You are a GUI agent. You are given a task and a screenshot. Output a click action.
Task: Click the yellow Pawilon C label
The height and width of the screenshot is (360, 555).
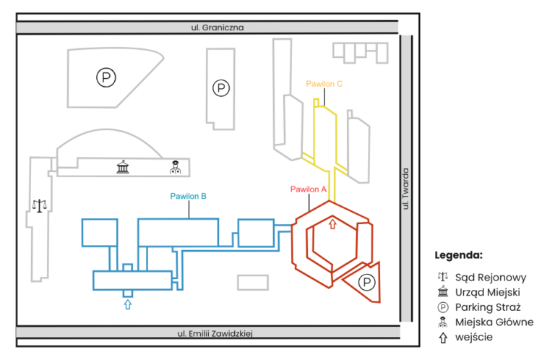[x=324, y=85]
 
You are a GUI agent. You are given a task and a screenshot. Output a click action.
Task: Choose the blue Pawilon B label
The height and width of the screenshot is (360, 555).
[x=189, y=196]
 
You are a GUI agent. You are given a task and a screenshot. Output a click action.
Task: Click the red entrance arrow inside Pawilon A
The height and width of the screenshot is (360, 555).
[x=332, y=224]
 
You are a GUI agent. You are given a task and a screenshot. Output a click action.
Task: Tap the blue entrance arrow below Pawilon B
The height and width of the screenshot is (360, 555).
[x=127, y=304]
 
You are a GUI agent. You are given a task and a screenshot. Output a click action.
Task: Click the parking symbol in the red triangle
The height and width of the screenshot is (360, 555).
[x=367, y=282]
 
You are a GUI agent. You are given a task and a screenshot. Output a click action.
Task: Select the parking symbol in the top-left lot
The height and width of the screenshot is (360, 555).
[x=106, y=77]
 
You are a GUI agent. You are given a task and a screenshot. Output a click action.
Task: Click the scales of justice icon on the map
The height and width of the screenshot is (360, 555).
[x=38, y=205]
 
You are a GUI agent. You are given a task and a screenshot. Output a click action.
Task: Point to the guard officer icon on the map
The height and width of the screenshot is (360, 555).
[x=174, y=168]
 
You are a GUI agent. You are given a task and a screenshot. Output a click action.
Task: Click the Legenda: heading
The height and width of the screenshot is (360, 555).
[x=458, y=255]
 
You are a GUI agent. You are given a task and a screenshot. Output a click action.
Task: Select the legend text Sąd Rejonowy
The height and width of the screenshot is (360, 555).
[x=491, y=277]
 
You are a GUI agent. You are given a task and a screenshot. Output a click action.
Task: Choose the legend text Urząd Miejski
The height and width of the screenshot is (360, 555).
[x=488, y=292]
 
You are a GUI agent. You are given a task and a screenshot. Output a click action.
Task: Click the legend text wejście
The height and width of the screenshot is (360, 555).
[x=473, y=337]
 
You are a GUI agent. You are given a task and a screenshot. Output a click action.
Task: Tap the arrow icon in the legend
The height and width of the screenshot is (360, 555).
[x=442, y=337]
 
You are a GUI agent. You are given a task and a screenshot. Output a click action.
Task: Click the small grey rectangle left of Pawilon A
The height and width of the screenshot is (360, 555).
[x=252, y=282]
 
